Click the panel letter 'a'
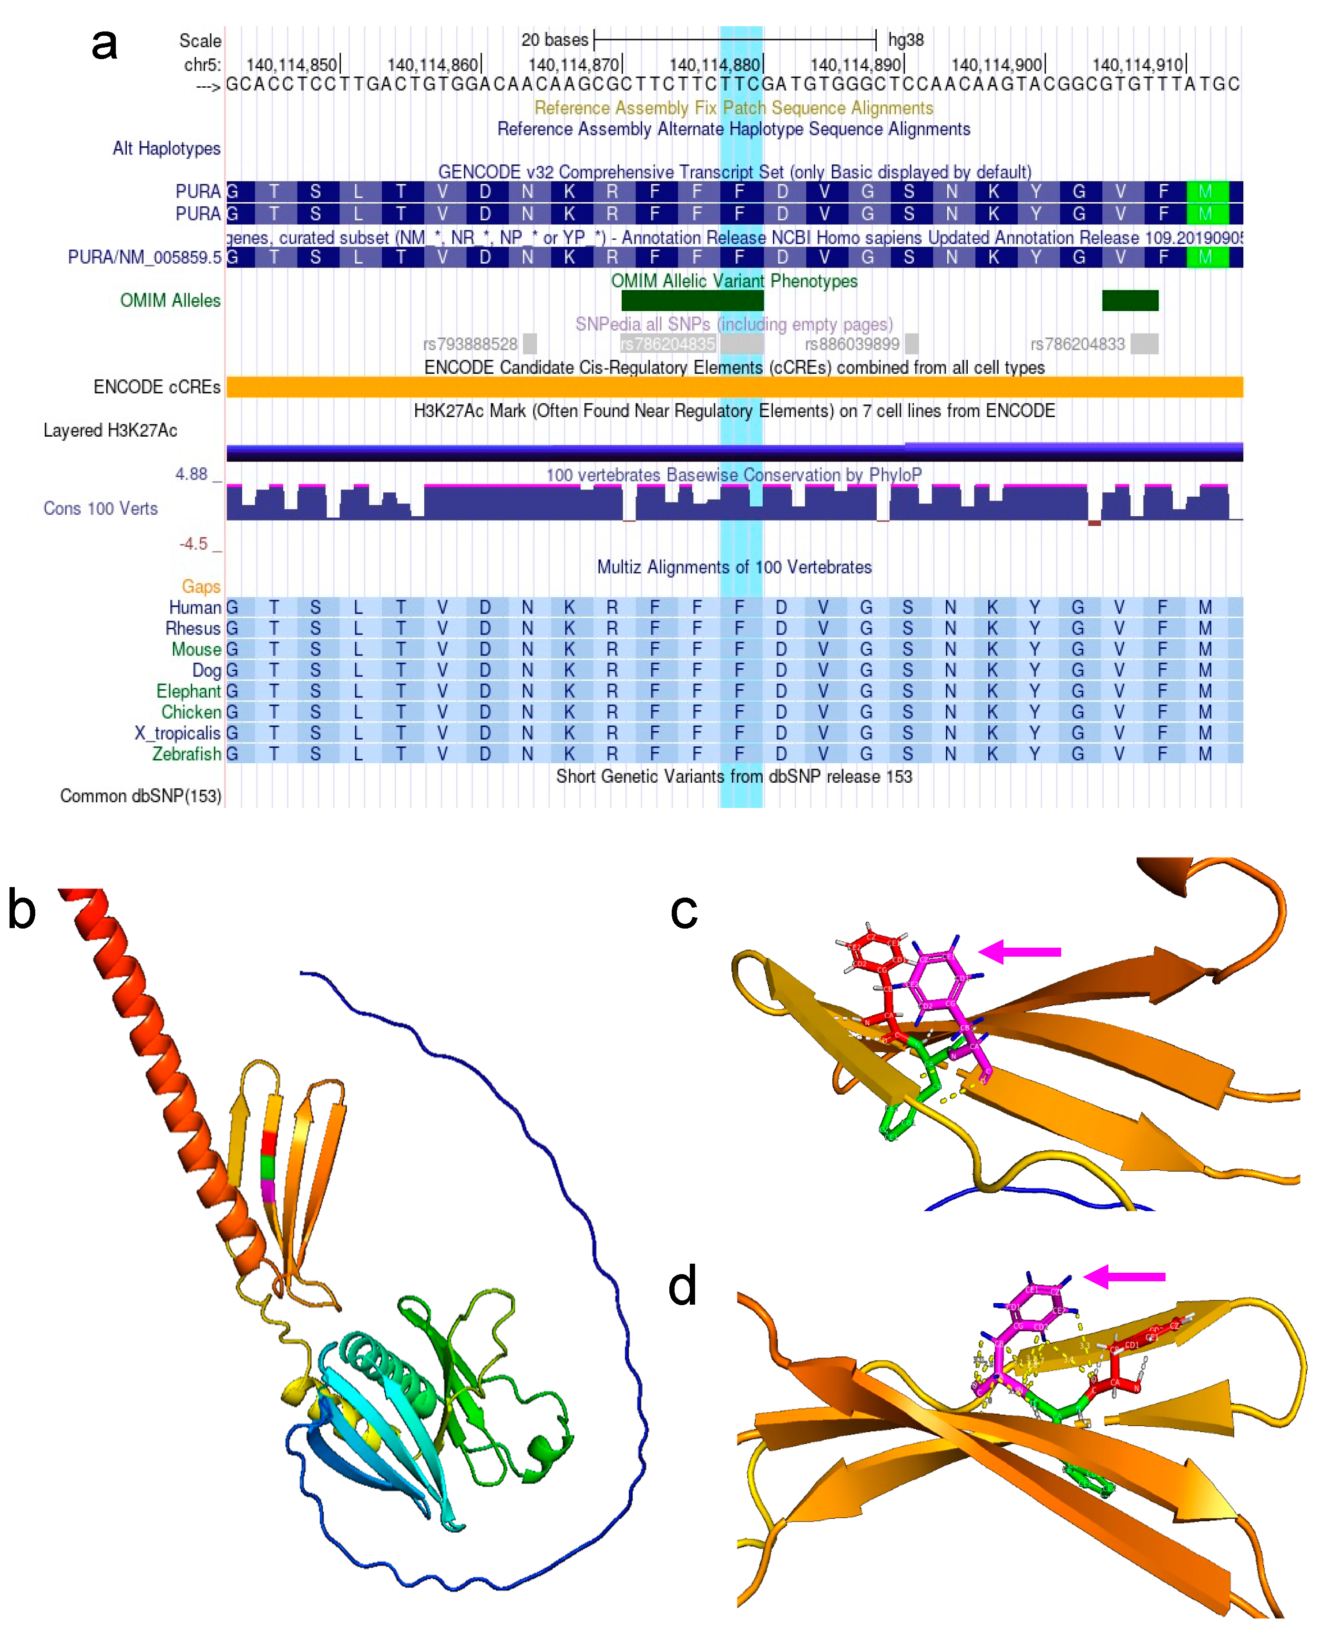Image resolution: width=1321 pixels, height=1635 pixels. click(104, 44)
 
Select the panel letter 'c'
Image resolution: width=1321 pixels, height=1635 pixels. click(683, 911)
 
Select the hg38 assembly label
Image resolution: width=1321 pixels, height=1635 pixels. click(905, 40)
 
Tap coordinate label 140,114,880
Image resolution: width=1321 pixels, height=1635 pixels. click(715, 65)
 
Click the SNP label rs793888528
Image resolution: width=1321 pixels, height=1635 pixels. click(470, 344)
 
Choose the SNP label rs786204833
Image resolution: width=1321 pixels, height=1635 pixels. click(1077, 344)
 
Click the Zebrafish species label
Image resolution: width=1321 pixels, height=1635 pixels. click(186, 754)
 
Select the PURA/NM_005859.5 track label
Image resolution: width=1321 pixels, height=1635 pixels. click(144, 257)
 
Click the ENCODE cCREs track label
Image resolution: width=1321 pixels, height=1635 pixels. click(157, 387)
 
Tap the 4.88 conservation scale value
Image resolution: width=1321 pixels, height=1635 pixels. click(191, 474)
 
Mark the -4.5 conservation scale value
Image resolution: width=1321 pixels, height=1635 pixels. click(193, 544)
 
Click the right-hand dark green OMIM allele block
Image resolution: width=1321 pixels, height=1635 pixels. click(1129, 300)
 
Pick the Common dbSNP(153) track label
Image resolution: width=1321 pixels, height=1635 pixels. click(141, 796)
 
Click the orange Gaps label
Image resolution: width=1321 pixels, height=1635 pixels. click(201, 587)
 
